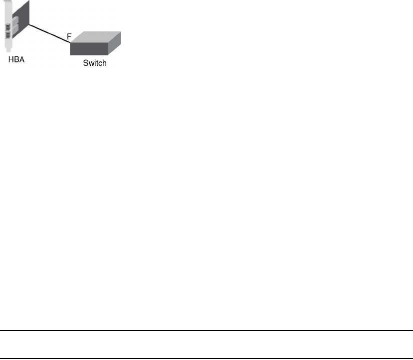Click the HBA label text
15,60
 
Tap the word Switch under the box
94,63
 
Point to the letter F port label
69,36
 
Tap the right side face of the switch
114,44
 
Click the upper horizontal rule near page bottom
206,331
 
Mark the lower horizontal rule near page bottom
206,359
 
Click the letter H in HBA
10,60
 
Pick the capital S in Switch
85,63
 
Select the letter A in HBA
21,60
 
